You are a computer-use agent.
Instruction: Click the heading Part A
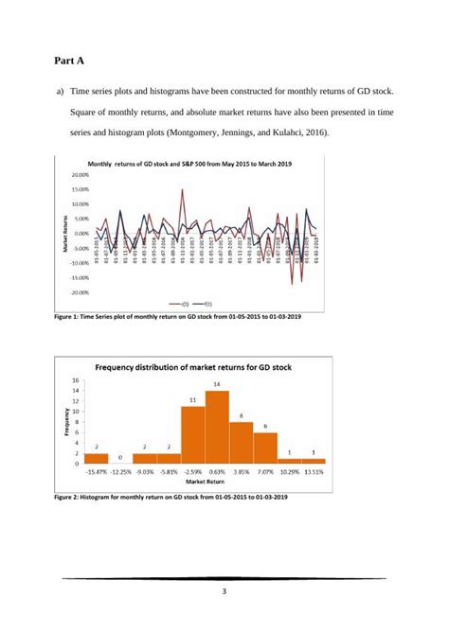[x=69, y=61]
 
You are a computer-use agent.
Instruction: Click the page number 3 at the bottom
[x=224, y=592]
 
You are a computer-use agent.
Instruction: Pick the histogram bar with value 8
[x=241, y=442]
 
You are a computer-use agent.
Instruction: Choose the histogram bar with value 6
[x=265, y=448]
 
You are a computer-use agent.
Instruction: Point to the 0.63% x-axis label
[x=217, y=470]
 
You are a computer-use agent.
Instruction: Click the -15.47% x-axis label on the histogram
[x=96, y=470]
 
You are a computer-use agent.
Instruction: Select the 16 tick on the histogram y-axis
[x=75, y=378]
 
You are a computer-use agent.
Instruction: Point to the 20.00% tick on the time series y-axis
[x=79, y=175]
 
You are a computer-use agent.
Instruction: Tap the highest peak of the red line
[x=182, y=189]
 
